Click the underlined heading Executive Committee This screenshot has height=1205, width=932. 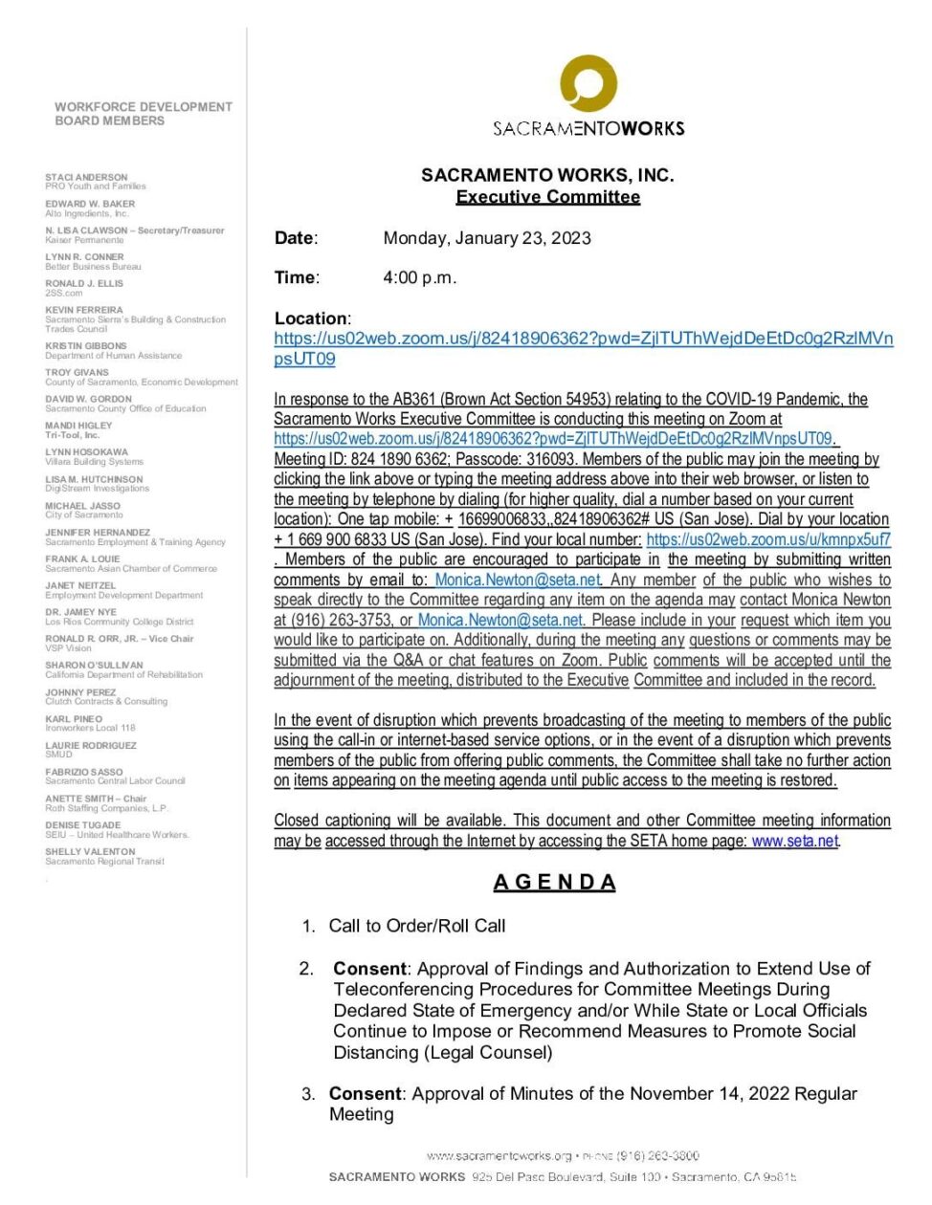[547, 197]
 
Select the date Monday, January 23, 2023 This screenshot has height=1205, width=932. [487, 238]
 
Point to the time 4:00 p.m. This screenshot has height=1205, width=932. [419, 278]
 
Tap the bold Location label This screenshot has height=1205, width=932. [311, 318]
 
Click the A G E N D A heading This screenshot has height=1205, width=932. [554, 882]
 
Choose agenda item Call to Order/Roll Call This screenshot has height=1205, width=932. [417, 926]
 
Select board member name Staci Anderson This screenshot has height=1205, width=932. [86, 178]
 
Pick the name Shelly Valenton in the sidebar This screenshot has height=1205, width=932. [90, 851]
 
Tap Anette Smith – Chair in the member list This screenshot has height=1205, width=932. [96, 799]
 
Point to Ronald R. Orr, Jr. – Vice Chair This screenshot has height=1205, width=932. [119, 638]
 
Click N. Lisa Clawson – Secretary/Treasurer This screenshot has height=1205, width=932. [135, 230]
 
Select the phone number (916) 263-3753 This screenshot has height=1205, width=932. [340, 620]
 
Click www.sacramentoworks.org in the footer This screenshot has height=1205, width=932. [499, 1155]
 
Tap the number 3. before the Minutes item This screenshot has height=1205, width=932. [308, 1094]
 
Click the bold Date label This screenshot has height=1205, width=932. [295, 238]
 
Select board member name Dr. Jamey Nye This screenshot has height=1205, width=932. [80, 611]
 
